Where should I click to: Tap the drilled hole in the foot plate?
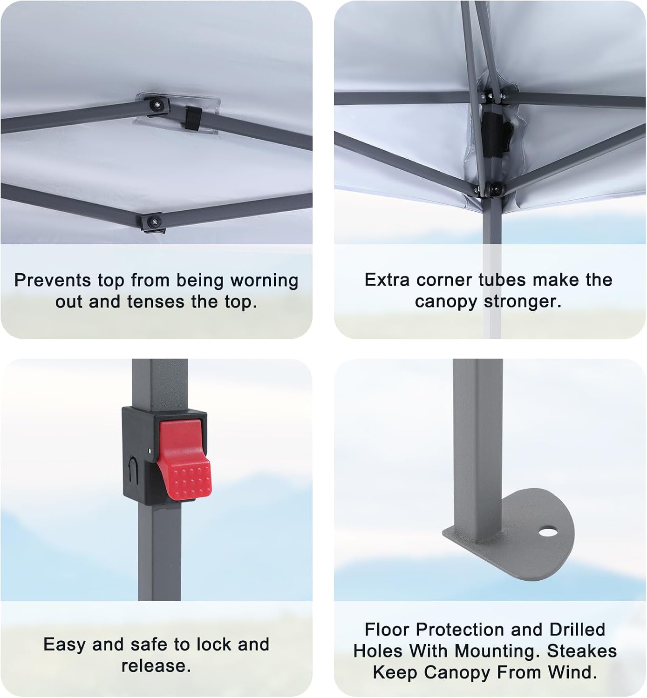coord(548,531)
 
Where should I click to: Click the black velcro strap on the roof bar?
coord(193,118)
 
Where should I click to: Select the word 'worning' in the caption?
coord(264,281)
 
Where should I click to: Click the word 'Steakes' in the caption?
coord(582,651)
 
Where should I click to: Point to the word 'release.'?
coord(156,666)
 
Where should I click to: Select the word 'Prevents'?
coord(53,281)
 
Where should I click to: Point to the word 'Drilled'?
coord(577,630)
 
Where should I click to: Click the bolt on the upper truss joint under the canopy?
coord(156,104)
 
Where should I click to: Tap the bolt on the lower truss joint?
coord(154,222)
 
